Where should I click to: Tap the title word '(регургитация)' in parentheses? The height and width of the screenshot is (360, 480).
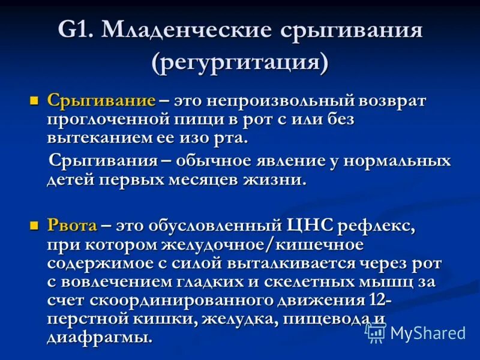tap(241, 62)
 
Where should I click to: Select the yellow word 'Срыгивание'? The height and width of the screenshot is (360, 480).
tap(101, 100)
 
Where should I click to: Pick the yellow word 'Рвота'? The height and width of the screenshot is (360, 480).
tap(72, 226)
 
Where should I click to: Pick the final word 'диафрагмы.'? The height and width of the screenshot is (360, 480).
tap(100, 337)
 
